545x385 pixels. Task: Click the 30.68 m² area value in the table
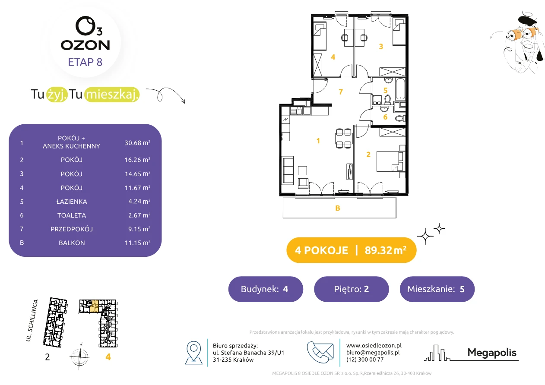click(x=137, y=142)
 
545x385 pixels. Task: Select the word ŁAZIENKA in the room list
click(x=72, y=202)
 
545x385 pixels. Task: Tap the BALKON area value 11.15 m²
click(x=137, y=243)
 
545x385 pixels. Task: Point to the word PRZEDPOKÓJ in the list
click(x=72, y=229)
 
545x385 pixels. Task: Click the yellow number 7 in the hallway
click(x=341, y=92)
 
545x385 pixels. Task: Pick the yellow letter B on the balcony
click(x=337, y=208)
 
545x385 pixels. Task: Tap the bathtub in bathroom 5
click(x=400, y=89)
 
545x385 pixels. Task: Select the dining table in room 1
click(x=344, y=139)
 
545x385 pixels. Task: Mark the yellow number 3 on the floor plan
click(x=381, y=47)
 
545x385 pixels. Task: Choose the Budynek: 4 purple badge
click(x=266, y=289)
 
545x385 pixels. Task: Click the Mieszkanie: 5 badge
click(x=437, y=289)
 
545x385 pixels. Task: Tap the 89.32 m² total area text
click(x=385, y=250)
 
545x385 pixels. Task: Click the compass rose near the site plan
click(x=79, y=357)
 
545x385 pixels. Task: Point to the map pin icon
click(x=193, y=352)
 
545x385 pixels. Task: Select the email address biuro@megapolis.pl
click(x=373, y=352)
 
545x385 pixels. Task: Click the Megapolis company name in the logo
click(x=492, y=352)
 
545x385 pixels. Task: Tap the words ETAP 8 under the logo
click(x=85, y=62)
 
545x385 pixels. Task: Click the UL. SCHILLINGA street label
click(x=32, y=320)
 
